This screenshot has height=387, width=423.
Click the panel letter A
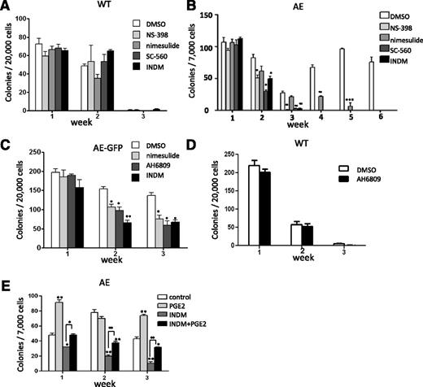(x=7, y=7)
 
